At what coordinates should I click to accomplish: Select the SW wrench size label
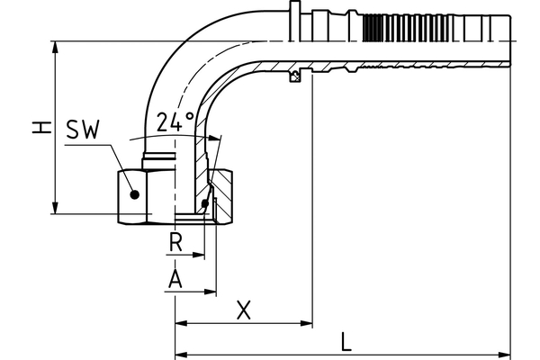[x=84, y=130]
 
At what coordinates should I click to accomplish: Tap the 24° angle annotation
[x=175, y=121]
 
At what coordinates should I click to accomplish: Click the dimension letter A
[x=176, y=279]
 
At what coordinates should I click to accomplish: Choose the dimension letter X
[x=243, y=310]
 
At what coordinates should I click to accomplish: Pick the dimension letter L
[x=346, y=341]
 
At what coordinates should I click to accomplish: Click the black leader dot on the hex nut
[x=133, y=193]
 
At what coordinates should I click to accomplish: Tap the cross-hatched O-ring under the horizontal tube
[x=293, y=76]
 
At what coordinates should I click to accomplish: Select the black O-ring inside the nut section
[x=206, y=206]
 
